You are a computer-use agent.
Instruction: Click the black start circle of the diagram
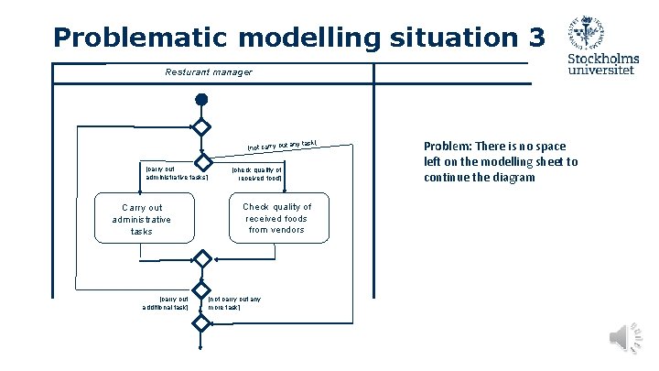tap(201, 99)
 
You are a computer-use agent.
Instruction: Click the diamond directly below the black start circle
tap(201, 127)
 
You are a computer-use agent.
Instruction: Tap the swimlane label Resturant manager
tap(208, 71)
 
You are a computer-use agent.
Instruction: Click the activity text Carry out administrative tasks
tap(141, 220)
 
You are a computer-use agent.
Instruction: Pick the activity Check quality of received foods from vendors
tap(276, 218)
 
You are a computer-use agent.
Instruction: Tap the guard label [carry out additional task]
tap(166, 302)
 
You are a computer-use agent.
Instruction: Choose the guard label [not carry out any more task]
tap(235, 302)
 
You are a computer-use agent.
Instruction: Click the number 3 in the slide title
tap(535, 38)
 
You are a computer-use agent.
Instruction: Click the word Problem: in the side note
tap(448, 147)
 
